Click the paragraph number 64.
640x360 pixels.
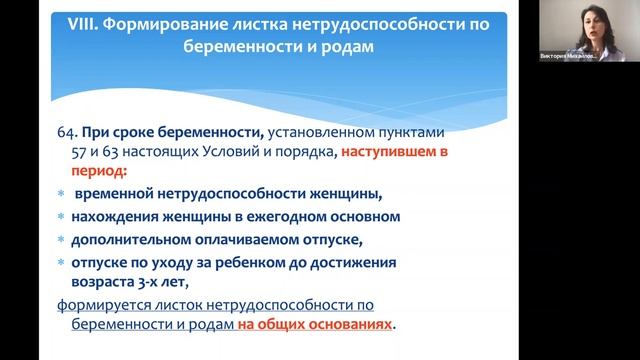(x=68, y=133)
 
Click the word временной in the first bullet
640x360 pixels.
(x=112, y=194)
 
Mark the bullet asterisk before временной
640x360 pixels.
(x=61, y=195)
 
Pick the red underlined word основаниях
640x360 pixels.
(x=345, y=325)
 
